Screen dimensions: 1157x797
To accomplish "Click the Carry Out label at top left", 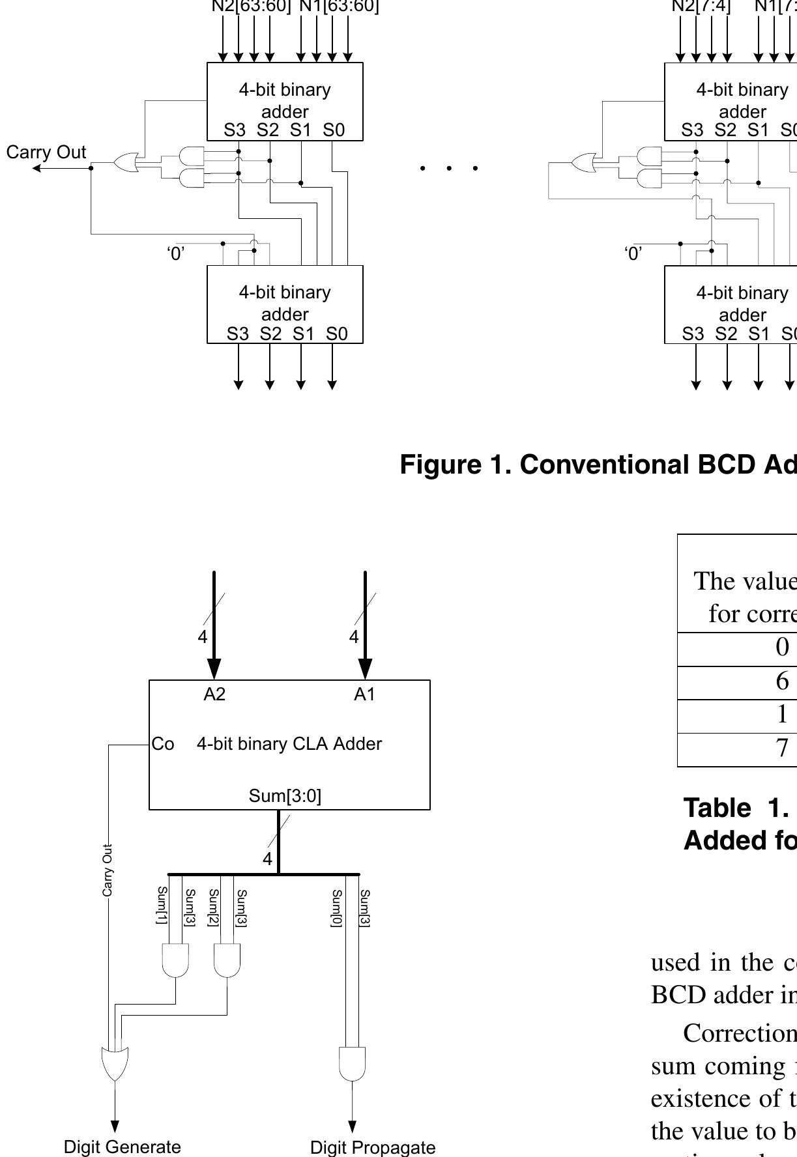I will pyautogui.click(x=46, y=152).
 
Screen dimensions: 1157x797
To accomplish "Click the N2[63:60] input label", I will pyautogui.click(x=251, y=7).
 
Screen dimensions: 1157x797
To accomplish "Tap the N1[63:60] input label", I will pyautogui.click(x=339, y=7).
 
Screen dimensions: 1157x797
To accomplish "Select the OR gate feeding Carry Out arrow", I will pyautogui.click(x=126, y=162).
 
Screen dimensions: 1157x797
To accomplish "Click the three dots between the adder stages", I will pyautogui.click(x=449, y=168).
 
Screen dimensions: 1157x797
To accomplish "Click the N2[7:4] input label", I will pyautogui.click(x=701, y=7).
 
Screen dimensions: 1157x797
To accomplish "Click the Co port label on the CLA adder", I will pyautogui.click(x=163, y=744).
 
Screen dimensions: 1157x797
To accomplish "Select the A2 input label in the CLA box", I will pyautogui.click(x=214, y=694).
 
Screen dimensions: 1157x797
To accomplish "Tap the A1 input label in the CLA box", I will pyautogui.click(x=365, y=694).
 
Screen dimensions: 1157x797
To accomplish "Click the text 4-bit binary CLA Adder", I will pyautogui.click(x=289, y=744).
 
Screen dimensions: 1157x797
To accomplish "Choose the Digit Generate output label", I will pyautogui.click(x=123, y=1147).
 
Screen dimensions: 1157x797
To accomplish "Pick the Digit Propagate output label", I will pyautogui.click(x=373, y=1147).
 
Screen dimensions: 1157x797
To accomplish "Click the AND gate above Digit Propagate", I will pyautogui.click(x=353, y=1064).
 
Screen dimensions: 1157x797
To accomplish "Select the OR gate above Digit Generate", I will pyautogui.click(x=115, y=1064).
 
